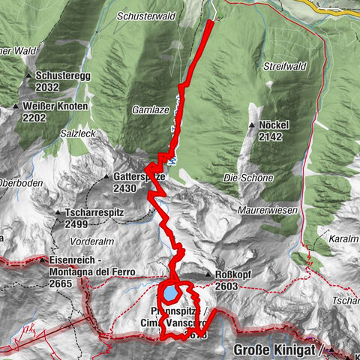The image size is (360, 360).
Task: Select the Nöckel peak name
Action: [x=274, y=126]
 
